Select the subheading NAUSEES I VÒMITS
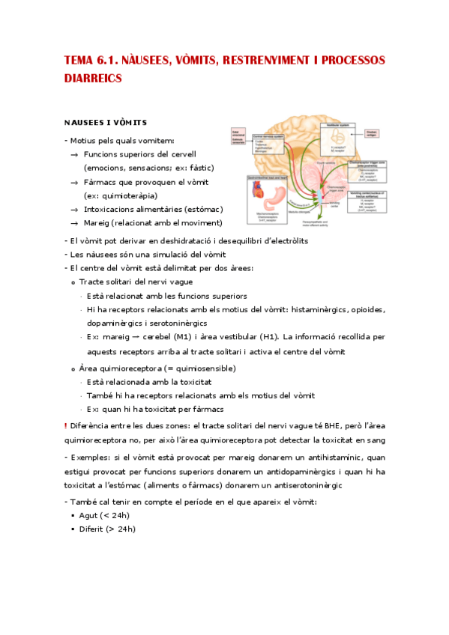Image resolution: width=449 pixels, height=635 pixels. click(105, 122)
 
